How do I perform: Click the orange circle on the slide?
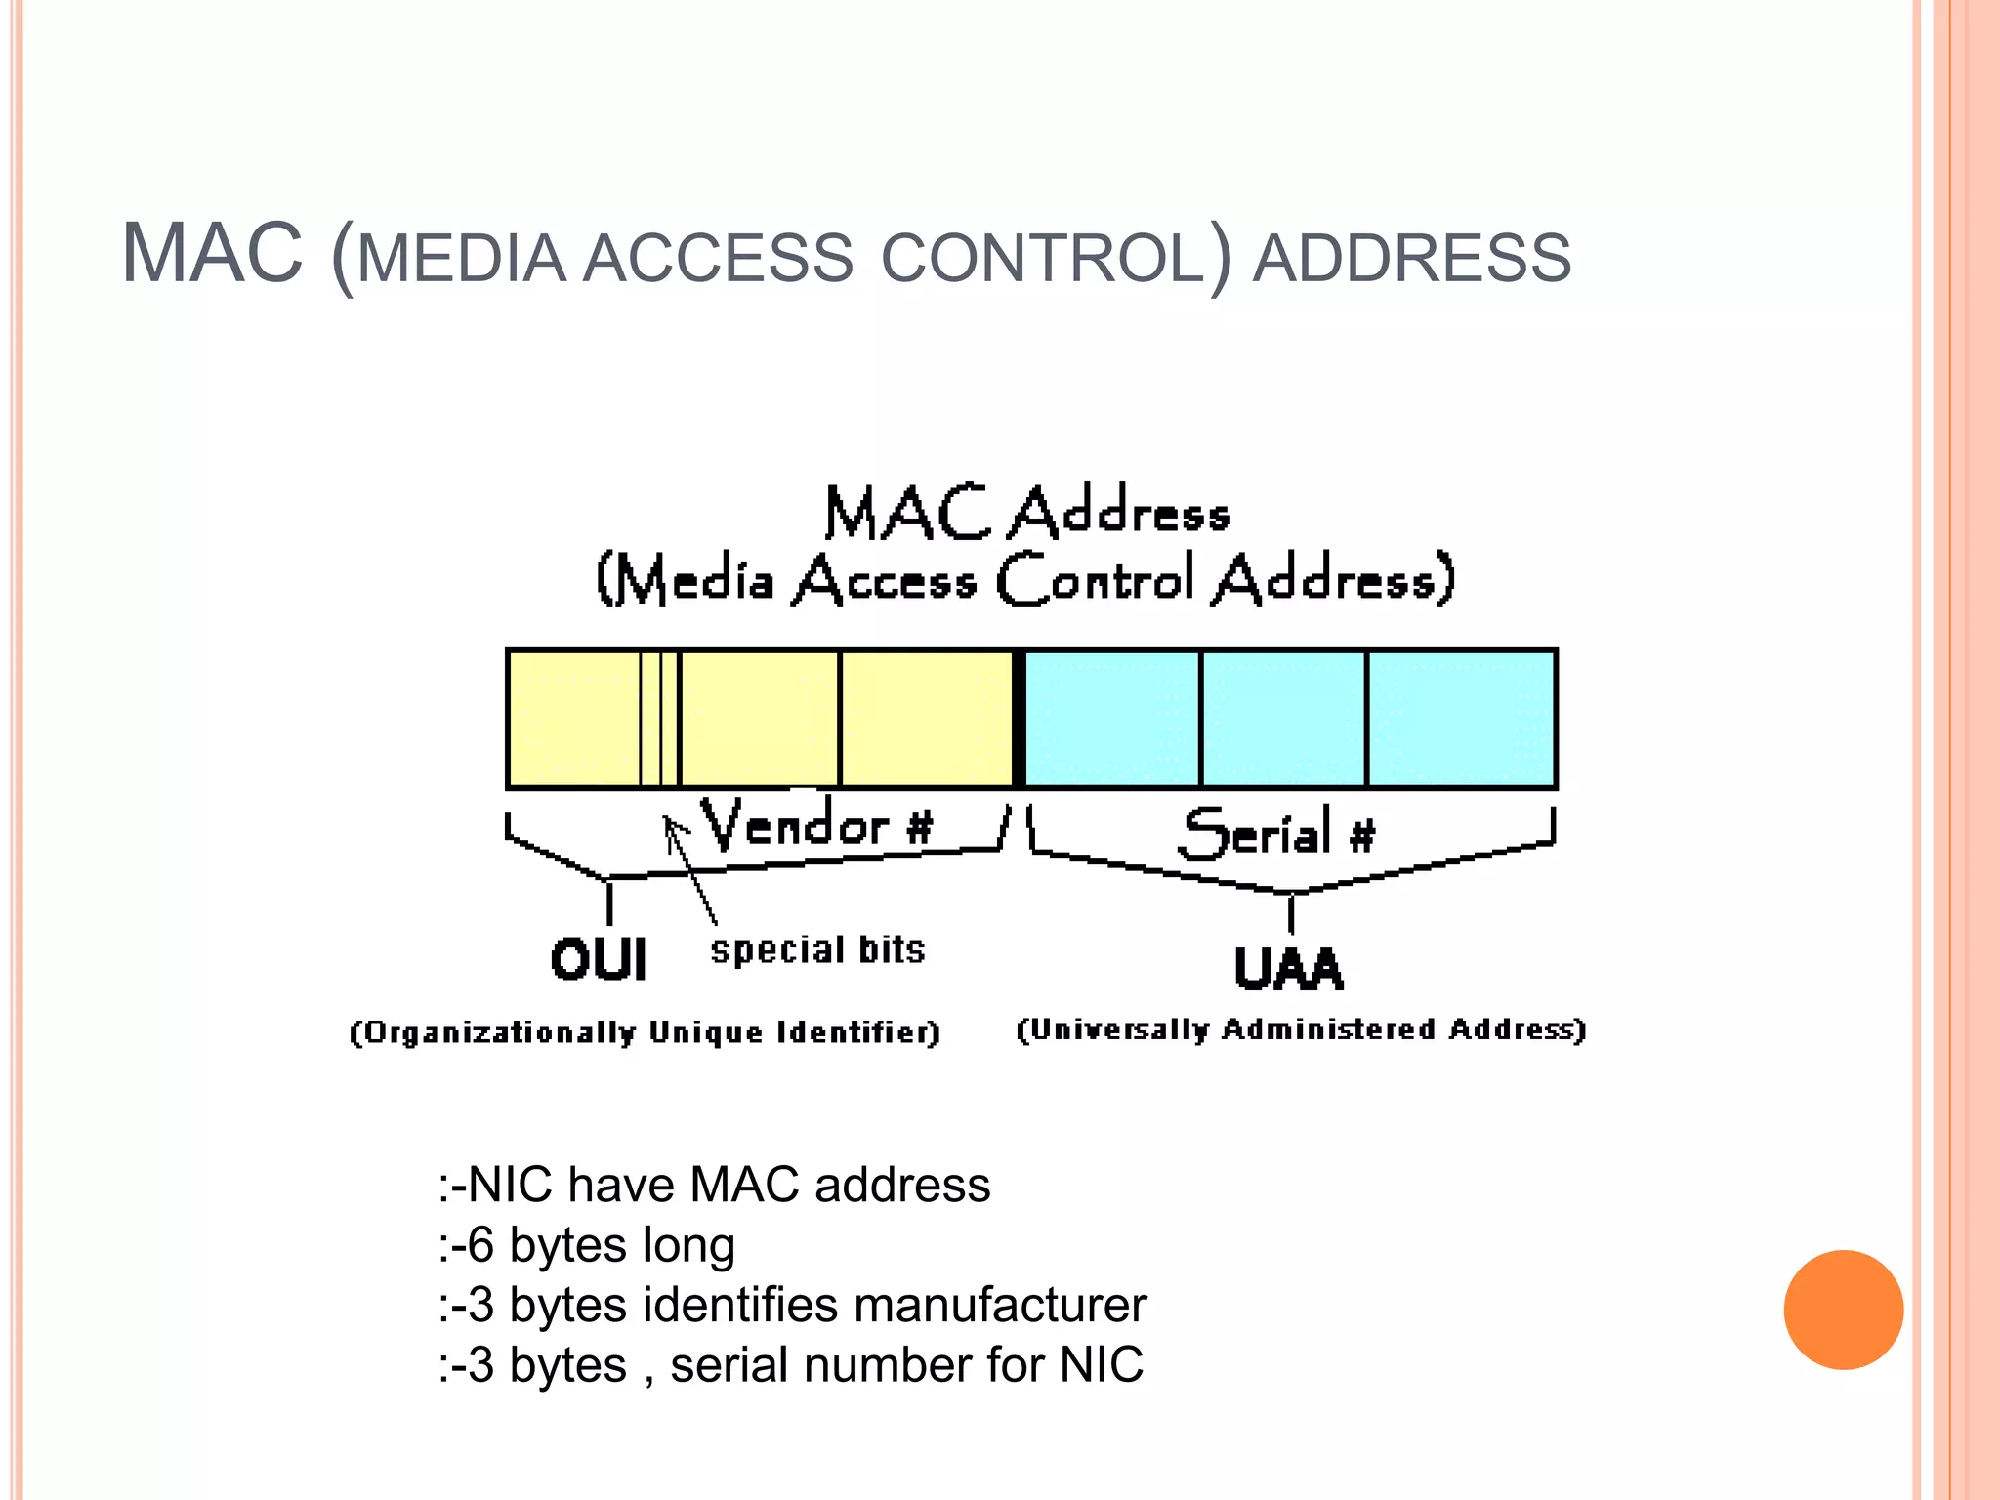pyautogui.click(x=1843, y=1310)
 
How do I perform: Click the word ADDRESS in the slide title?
pyautogui.click(x=1411, y=259)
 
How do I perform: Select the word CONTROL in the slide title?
pyautogui.click(x=1042, y=259)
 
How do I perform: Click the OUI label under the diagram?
pyautogui.click(x=599, y=960)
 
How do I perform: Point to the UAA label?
pyautogui.click(x=1289, y=969)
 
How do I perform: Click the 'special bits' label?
pyautogui.click(x=817, y=950)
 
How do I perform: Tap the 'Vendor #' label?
pyautogui.click(x=816, y=825)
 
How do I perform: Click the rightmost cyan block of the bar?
pyautogui.click(x=1460, y=719)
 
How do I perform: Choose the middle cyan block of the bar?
pyautogui.click(x=1282, y=719)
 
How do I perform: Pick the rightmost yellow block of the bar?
pyautogui.click(x=926, y=719)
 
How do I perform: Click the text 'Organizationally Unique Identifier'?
pyautogui.click(x=645, y=1032)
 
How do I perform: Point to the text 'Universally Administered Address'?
pyautogui.click(x=1301, y=1029)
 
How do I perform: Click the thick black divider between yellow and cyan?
pyautogui.click(x=1019, y=719)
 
